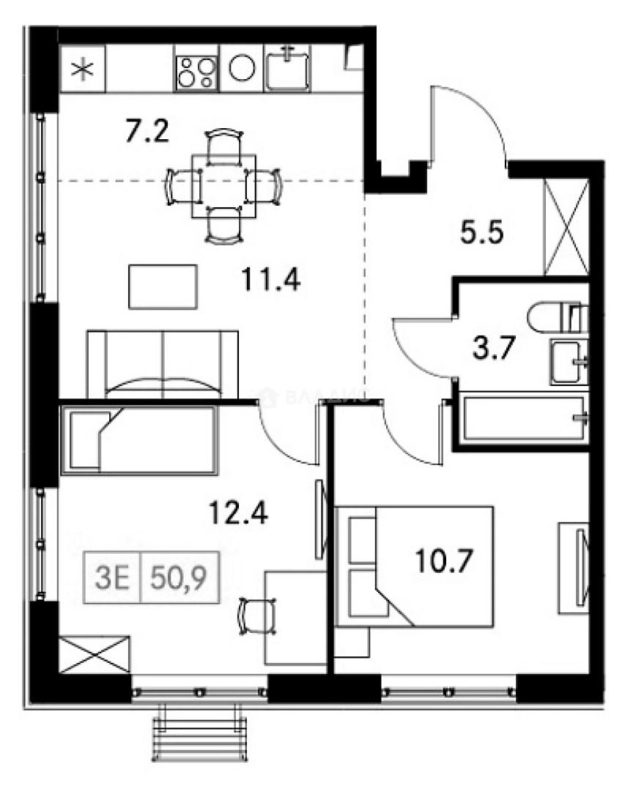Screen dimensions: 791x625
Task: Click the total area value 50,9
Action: pos(177,576)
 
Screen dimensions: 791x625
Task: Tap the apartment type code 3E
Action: pos(113,576)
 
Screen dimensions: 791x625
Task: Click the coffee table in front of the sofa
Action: pos(163,286)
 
